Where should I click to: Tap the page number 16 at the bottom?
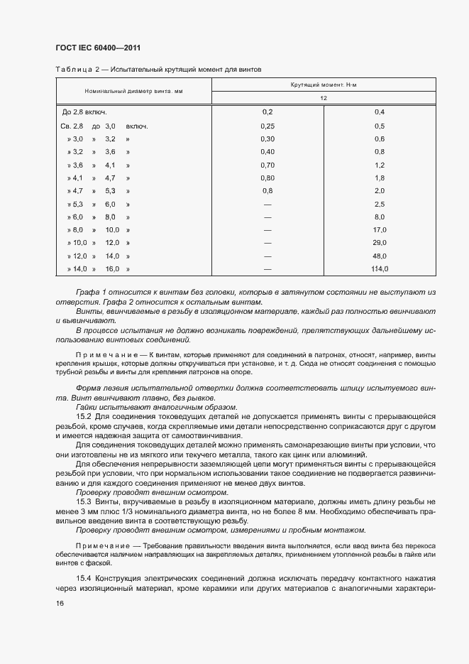[60, 604]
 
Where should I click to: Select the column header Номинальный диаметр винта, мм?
[133, 92]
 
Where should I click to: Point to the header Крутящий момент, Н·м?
[324, 85]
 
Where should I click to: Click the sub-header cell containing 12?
[324, 98]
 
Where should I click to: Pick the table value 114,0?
[380, 269]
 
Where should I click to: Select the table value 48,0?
[380, 256]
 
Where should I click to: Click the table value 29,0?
[380, 243]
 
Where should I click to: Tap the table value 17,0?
[380, 230]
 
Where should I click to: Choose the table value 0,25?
[267, 126]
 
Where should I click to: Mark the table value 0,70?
[267, 165]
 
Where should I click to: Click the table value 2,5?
[380, 204]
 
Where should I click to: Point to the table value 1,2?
[380, 165]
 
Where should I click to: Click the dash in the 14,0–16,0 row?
[267, 269]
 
